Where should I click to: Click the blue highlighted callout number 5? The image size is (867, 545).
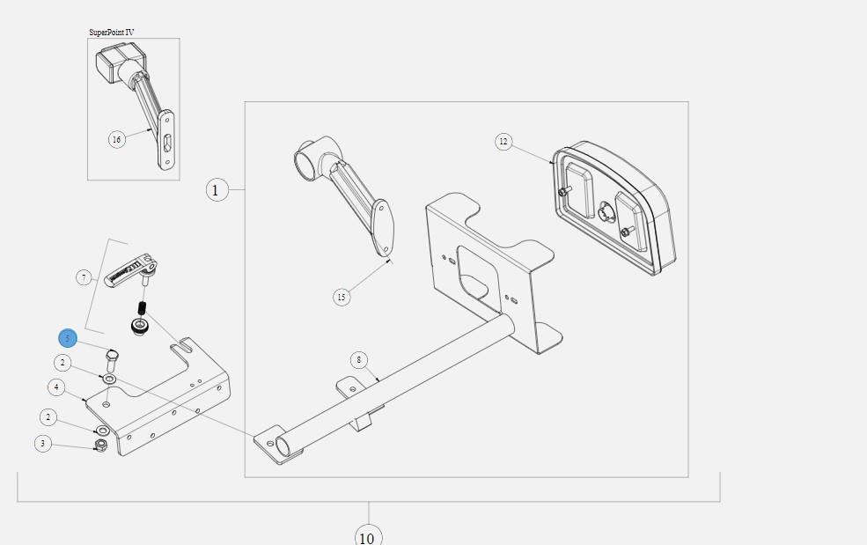tap(68, 338)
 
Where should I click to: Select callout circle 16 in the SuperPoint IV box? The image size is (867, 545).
tap(117, 139)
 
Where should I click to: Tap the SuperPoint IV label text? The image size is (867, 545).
tap(111, 33)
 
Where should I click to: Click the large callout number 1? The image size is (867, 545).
tap(217, 190)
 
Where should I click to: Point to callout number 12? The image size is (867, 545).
tap(503, 142)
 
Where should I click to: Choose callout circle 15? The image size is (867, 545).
tap(342, 297)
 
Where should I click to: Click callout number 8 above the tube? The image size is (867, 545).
tap(359, 361)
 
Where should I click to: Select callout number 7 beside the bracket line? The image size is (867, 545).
tap(84, 277)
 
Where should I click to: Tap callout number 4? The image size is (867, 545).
tap(56, 387)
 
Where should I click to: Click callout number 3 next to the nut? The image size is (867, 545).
tap(43, 443)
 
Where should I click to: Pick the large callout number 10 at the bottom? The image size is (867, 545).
tap(367, 537)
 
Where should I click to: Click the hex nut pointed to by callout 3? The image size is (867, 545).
tap(101, 446)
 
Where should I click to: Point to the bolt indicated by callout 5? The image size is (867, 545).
tap(113, 360)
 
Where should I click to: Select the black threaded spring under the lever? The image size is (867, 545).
tap(142, 307)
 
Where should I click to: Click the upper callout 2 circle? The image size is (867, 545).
tap(62, 363)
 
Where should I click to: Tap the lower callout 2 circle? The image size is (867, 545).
tap(48, 416)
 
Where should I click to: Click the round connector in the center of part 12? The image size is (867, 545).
tap(606, 212)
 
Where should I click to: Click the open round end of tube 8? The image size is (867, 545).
tap(283, 446)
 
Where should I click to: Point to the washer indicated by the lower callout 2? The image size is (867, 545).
tap(102, 431)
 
